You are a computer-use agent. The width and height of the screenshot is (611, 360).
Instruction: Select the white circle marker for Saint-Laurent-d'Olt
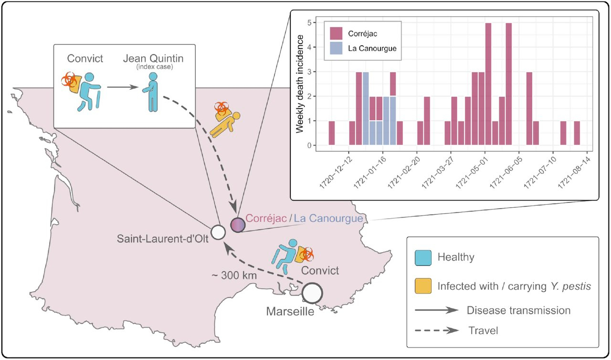(218, 233)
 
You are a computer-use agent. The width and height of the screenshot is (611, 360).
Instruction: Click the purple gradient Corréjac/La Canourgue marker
(237, 224)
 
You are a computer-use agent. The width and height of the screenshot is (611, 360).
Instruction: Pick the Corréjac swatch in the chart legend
(336, 34)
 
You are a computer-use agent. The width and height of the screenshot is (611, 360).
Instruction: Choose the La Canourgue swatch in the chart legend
(336, 48)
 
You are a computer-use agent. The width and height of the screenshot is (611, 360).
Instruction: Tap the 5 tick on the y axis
(310, 22)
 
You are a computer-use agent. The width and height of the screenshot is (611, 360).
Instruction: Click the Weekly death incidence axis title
(300, 84)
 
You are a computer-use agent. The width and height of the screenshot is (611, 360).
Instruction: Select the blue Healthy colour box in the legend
(422, 257)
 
